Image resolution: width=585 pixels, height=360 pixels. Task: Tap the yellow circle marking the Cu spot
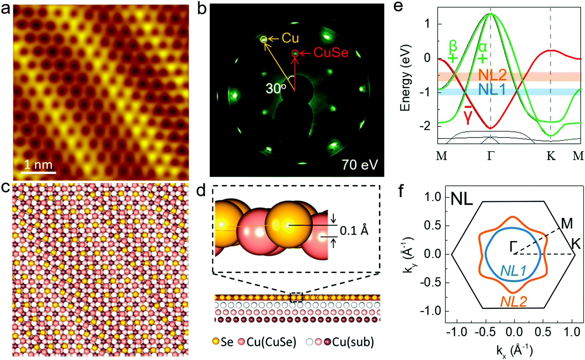pyautogui.click(x=264, y=39)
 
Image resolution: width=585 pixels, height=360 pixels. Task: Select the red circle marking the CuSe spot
pyautogui.click(x=295, y=53)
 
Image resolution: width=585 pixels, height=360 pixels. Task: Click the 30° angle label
pyautogui.click(x=275, y=88)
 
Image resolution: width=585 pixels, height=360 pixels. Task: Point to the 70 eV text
pyautogui.click(x=360, y=165)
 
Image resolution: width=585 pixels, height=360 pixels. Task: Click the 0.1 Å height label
pyautogui.click(x=354, y=231)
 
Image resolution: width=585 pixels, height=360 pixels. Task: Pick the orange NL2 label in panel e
pyautogui.click(x=493, y=74)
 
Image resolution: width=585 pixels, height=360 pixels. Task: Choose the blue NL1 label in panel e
pyautogui.click(x=492, y=90)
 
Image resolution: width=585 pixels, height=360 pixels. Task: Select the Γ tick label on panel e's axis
pyautogui.click(x=491, y=156)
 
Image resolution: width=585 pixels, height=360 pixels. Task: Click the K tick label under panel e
pyautogui.click(x=551, y=156)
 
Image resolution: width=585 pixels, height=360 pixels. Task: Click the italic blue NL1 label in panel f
pyautogui.click(x=513, y=270)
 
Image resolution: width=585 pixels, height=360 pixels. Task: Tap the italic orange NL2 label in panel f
pyautogui.click(x=514, y=301)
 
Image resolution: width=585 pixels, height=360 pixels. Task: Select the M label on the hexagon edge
pyautogui.click(x=567, y=224)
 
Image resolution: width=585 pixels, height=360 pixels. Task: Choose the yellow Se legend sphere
pyautogui.click(x=216, y=341)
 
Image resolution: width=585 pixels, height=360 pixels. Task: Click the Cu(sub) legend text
pyautogui.click(x=353, y=342)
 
